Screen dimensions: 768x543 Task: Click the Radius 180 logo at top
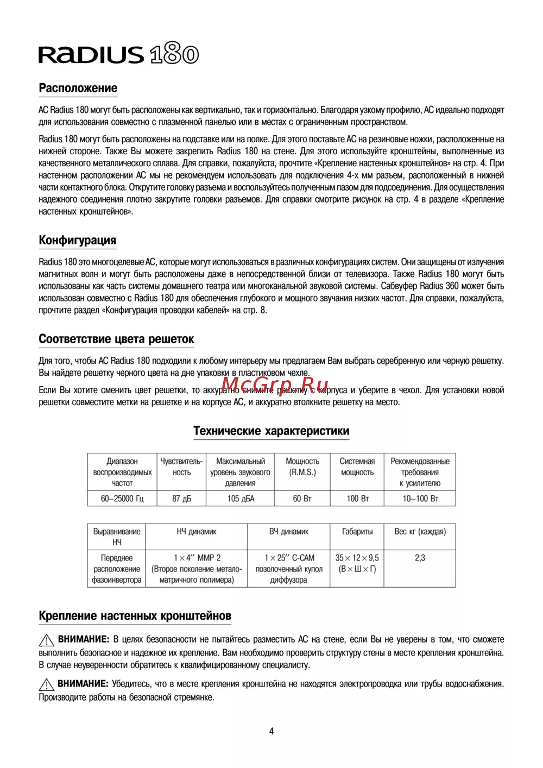click(118, 54)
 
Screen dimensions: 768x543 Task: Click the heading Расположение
click(78, 88)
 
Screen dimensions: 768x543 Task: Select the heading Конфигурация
click(77, 240)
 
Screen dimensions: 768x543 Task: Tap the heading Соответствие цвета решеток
click(116, 339)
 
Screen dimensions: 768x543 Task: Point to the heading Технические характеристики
click(271, 431)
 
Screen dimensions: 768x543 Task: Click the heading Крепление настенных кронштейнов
click(135, 616)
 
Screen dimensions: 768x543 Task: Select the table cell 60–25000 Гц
click(122, 499)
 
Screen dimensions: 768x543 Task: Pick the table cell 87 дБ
click(181, 499)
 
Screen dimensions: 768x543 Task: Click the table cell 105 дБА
click(241, 499)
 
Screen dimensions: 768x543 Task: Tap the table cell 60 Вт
click(302, 499)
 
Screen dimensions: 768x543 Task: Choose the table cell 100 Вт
click(357, 499)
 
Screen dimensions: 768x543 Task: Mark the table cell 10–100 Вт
click(420, 499)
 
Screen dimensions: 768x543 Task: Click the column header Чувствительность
click(181, 467)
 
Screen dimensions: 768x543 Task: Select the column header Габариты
click(357, 532)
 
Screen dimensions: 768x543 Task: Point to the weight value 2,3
click(420, 558)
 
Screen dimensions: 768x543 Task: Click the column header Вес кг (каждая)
click(420, 532)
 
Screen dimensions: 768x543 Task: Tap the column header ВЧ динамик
click(288, 532)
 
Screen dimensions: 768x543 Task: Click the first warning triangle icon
click(46, 640)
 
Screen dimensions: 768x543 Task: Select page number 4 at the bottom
click(271, 731)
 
